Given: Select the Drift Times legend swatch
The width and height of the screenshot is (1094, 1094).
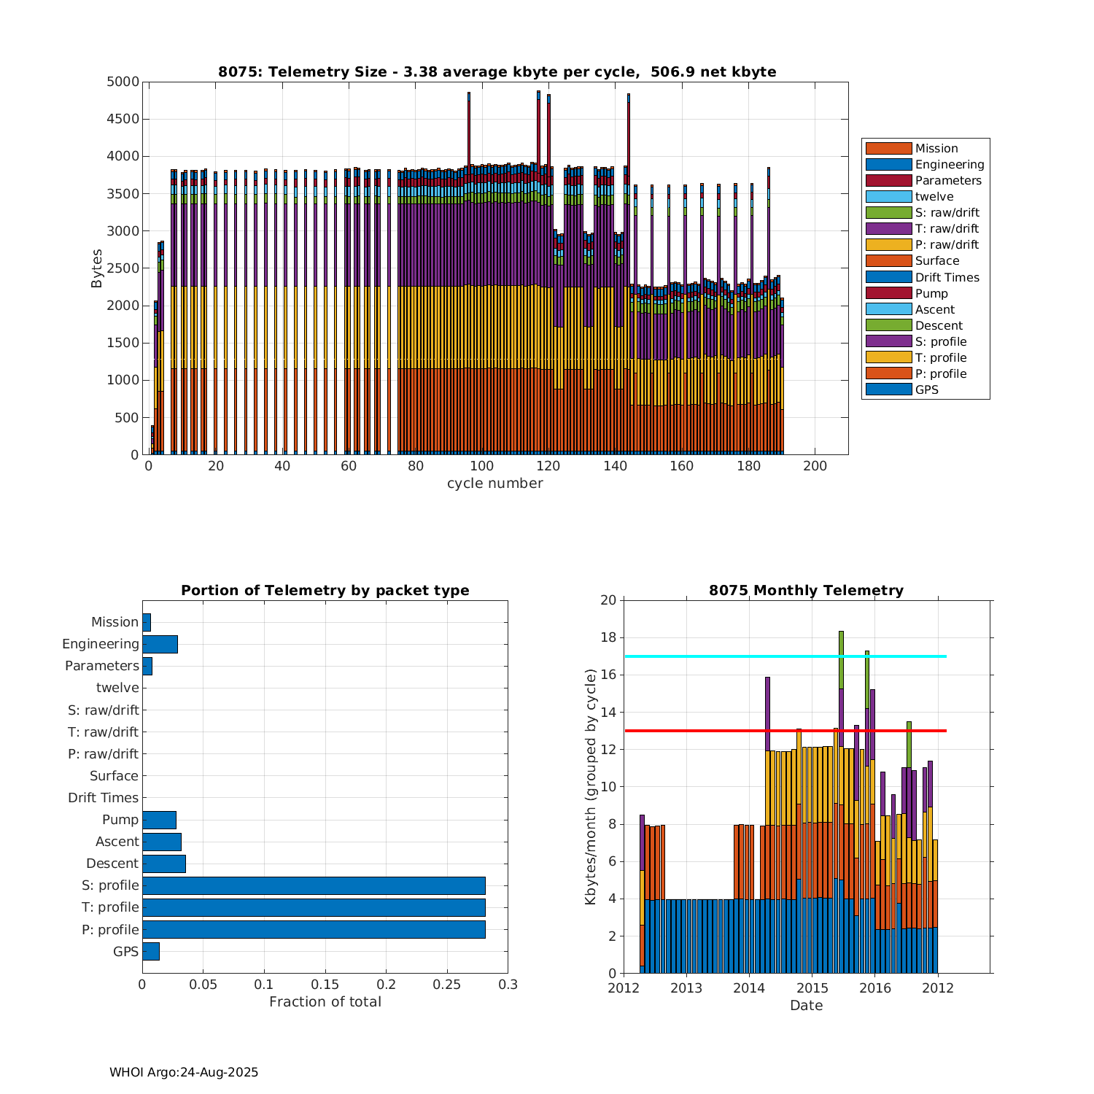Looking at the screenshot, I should click(x=888, y=277).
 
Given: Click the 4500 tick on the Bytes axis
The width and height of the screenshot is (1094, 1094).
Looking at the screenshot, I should click(x=123, y=119).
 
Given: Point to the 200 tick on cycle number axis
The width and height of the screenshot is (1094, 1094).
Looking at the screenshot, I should click(x=815, y=467).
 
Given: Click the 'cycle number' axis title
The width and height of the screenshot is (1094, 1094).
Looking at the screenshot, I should click(x=494, y=484).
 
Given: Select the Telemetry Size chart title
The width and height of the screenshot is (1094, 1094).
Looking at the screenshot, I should click(x=497, y=71).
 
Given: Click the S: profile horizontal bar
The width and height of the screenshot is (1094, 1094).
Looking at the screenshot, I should click(x=314, y=885).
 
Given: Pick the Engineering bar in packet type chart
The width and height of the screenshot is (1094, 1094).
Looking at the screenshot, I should click(x=160, y=644).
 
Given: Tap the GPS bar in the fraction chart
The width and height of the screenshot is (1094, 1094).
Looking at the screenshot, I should click(x=150, y=951).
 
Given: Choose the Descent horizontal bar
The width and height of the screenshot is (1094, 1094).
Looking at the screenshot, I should click(x=164, y=864).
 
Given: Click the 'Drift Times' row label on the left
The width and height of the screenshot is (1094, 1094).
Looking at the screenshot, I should click(x=103, y=798).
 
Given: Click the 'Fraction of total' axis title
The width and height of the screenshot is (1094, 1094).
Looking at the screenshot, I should click(x=325, y=1002).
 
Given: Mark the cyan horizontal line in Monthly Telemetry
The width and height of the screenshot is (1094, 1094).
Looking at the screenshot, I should click(x=729, y=656).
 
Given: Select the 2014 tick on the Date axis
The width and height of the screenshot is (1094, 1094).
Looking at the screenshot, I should click(x=749, y=989).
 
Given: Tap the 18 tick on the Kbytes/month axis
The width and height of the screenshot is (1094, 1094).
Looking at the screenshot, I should click(x=608, y=637).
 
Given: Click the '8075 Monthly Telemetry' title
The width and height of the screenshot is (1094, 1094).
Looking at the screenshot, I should click(x=806, y=591).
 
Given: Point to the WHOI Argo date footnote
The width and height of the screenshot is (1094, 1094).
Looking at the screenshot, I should click(x=184, y=1072).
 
